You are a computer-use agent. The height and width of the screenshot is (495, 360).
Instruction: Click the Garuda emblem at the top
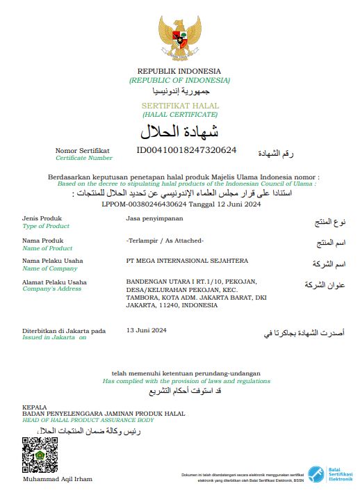(x=179, y=38)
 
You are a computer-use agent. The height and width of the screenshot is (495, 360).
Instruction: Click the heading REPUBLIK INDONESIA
(x=179, y=71)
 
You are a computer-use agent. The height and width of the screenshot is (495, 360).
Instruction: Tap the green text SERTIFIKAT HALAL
(x=179, y=105)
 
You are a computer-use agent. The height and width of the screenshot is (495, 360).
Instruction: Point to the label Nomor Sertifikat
(x=83, y=150)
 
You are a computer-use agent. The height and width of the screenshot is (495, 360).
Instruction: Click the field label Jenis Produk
(x=42, y=219)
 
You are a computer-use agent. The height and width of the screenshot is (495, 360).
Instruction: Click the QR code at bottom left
(x=40, y=455)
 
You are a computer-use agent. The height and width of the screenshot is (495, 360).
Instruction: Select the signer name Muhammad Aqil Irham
(x=57, y=480)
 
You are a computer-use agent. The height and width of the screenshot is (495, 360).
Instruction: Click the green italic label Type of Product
(x=46, y=227)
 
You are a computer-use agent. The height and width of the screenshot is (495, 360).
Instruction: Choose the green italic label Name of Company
(x=50, y=268)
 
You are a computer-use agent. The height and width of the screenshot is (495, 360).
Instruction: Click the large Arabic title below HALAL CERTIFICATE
(x=179, y=131)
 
